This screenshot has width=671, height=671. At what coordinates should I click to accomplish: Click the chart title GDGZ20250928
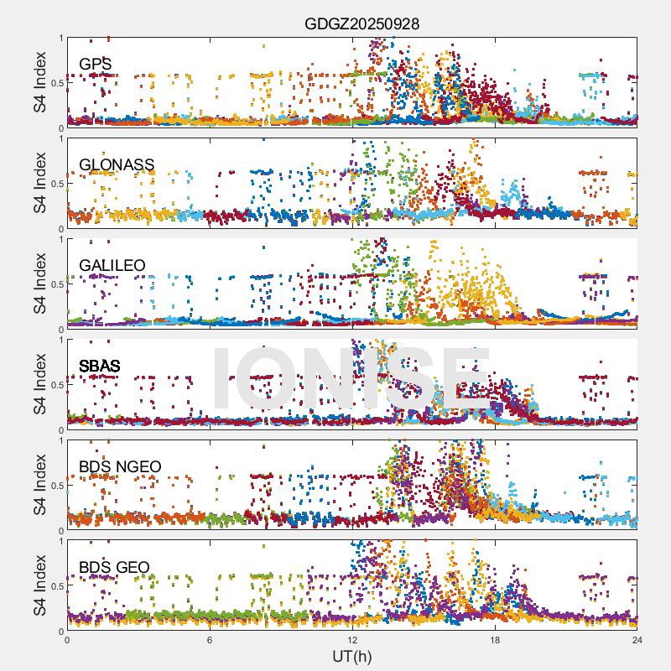point(361,24)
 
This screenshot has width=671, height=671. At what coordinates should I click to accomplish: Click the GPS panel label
point(96,65)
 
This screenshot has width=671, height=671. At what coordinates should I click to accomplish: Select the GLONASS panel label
point(117,165)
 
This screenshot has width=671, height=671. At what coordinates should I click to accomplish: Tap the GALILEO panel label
point(112,266)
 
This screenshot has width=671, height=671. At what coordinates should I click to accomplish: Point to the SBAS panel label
point(100,367)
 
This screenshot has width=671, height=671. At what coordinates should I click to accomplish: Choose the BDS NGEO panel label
point(120,467)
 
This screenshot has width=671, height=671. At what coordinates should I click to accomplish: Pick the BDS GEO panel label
point(114,568)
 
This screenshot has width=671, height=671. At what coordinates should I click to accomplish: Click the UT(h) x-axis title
point(351,655)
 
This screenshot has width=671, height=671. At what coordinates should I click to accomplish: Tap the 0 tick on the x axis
point(67,640)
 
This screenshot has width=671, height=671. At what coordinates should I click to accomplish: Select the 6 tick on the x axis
point(210,640)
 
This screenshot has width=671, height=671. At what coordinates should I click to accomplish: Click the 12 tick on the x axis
point(352,640)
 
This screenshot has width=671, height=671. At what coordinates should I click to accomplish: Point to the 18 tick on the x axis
point(495,640)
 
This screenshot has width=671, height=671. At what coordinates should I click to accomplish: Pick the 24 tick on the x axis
point(637,640)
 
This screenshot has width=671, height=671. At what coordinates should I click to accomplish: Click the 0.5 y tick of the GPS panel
point(56,83)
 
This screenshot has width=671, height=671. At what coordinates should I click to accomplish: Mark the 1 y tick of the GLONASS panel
point(60,138)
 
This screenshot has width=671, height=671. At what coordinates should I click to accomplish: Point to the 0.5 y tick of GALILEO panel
point(56,284)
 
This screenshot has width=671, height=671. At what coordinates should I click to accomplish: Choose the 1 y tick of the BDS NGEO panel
point(60,440)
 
